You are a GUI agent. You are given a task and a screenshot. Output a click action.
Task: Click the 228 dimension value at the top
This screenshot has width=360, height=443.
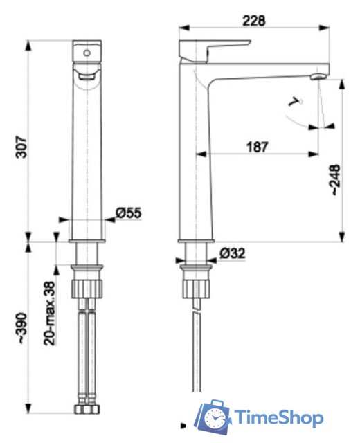pos(254,21)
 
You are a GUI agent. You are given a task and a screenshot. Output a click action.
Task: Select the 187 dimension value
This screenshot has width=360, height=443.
pos(256,146)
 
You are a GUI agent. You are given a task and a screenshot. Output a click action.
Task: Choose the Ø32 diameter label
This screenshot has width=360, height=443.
pos(233,254)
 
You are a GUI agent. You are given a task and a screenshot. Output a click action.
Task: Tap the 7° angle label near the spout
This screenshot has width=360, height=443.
pos(297,102)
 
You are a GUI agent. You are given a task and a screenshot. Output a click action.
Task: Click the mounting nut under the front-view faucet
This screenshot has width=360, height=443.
pos(88,286)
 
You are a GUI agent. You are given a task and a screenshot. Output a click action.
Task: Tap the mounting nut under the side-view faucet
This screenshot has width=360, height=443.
pos(197,287)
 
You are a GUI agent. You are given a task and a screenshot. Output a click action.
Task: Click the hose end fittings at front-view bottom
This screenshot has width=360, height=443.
pos(88,409)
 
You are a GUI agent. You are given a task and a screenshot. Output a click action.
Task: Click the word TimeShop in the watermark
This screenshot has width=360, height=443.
pos(278,418)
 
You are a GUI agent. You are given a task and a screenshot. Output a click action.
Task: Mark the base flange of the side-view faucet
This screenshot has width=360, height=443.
pos(197,242)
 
